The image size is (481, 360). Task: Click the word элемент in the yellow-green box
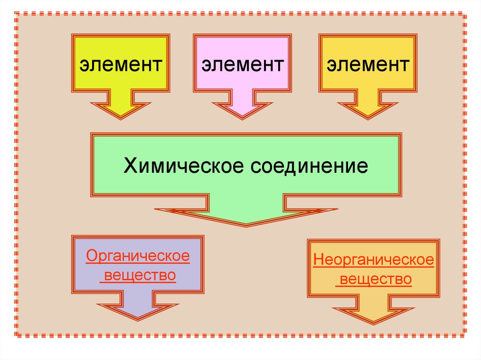121,64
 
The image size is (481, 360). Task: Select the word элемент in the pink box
243,64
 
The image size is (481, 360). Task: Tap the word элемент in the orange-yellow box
368,64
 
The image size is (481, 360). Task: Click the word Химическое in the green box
183,166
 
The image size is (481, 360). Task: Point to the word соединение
307,166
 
